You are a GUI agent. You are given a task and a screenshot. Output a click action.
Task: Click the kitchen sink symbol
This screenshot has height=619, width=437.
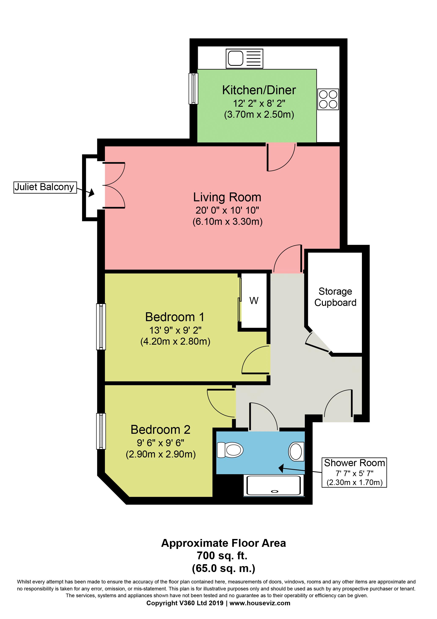pyautogui.click(x=244, y=58)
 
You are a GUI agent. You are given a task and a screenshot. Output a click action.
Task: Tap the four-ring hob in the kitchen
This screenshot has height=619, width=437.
pyautogui.click(x=328, y=99)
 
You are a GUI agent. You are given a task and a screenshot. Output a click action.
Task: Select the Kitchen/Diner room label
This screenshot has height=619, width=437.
pyautogui.click(x=259, y=90)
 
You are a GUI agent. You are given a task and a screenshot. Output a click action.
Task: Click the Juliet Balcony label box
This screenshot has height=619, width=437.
pyautogui.click(x=45, y=187)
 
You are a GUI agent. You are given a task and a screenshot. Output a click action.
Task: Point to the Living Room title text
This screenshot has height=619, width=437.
pyautogui.click(x=227, y=197)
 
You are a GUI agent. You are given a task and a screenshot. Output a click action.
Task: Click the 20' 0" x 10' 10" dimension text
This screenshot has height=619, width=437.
pyautogui.click(x=227, y=210)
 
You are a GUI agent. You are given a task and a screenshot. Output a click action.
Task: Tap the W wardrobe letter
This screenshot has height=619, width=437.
pyautogui.click(x=254, y=301)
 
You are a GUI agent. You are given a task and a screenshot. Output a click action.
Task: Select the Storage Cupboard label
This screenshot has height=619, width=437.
pyautogui.click(x=335, y=297)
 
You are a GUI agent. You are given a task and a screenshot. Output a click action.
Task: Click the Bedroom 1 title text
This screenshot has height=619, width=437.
pyautogui.click(x=175, y=317)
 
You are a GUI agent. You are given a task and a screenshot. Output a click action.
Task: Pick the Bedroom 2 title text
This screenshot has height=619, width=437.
pyautogui.click(x=160, y=430)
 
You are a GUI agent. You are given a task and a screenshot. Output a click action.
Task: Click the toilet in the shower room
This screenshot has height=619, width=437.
pyautogui.click(x=230, y=450)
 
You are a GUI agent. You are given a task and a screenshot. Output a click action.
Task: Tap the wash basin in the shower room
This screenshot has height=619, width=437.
pyautogui.click(x=296, y=452)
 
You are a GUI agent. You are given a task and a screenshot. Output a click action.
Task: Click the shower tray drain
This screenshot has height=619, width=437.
pyautogui.click(x=275, y=491)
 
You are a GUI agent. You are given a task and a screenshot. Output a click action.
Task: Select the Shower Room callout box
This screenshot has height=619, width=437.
pyautogui.click(x=354, y=472)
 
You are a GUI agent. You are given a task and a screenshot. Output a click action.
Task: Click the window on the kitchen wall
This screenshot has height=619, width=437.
pyautogui.click(x=193, y=89)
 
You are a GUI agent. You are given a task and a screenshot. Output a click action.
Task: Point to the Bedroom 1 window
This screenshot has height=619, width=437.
pyautogui.click(x=101, y=327)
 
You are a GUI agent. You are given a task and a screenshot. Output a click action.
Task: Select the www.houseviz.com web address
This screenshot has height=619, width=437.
pyautogui.click(x=260, y=603)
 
